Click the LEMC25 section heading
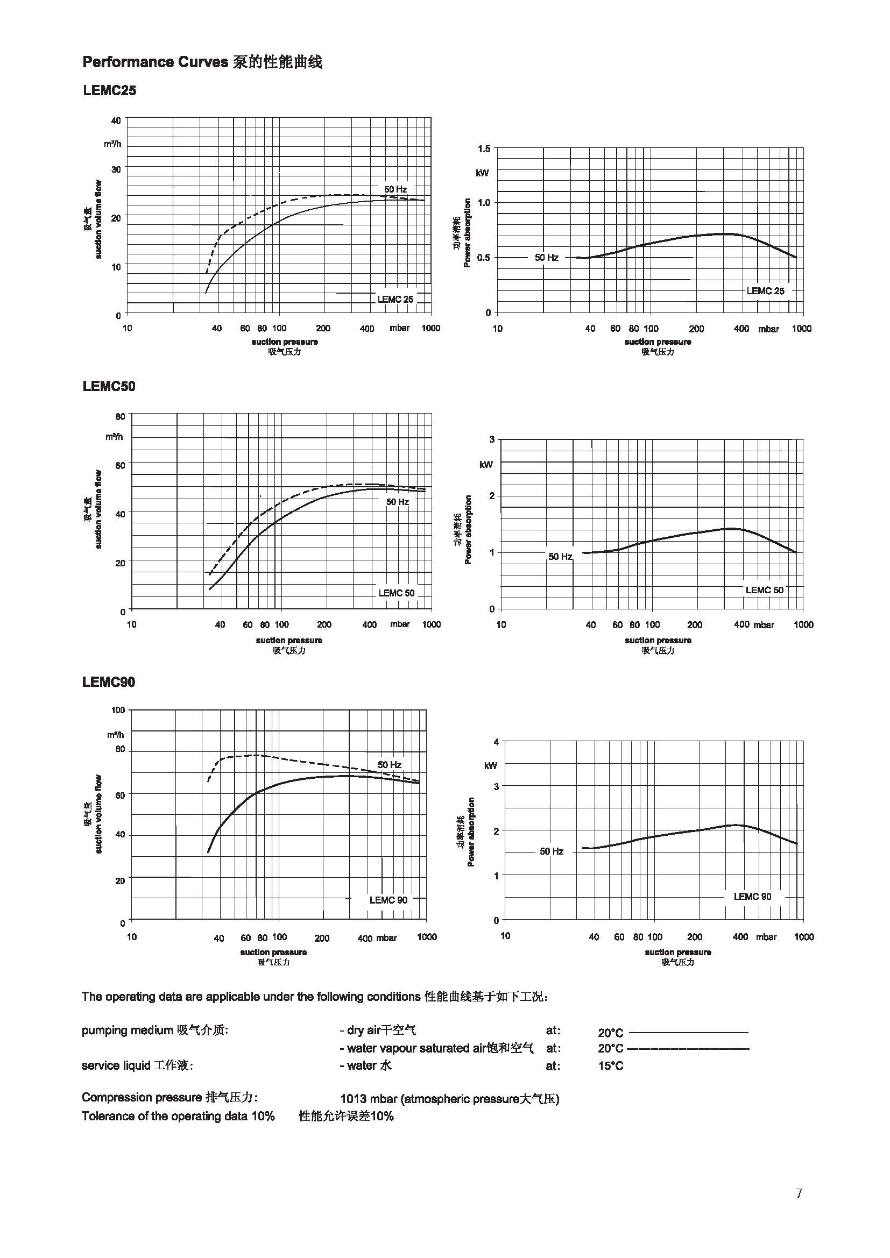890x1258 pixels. click(109, 90)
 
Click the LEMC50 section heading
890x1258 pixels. click(109, 386)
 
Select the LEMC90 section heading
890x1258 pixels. click(109, 682)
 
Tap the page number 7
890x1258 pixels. click(799, 1193)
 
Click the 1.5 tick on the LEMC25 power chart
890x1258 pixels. click(484, 148)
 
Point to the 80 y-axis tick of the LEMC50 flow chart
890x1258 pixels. click(120, 416)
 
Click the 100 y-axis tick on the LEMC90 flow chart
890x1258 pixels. click(118, 710)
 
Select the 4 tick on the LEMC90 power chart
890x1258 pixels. click(496, 742)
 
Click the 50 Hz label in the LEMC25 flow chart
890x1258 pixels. click(395, 189)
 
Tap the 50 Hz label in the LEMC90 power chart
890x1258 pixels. click(552, 851)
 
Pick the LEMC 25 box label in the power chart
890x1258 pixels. click(765, 291)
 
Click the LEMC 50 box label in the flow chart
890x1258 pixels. click(396, 593)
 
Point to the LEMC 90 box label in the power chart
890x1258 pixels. click(752, 897)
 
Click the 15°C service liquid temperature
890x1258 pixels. click(611, 1065)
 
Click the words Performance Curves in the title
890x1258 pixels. click(155, 62)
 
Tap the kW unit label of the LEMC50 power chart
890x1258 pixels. click(486, 465)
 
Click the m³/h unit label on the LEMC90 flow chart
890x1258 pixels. click(116, 735)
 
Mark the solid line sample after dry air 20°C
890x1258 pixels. click(689, 1032)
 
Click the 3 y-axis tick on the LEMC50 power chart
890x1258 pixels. click(492, 439)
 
